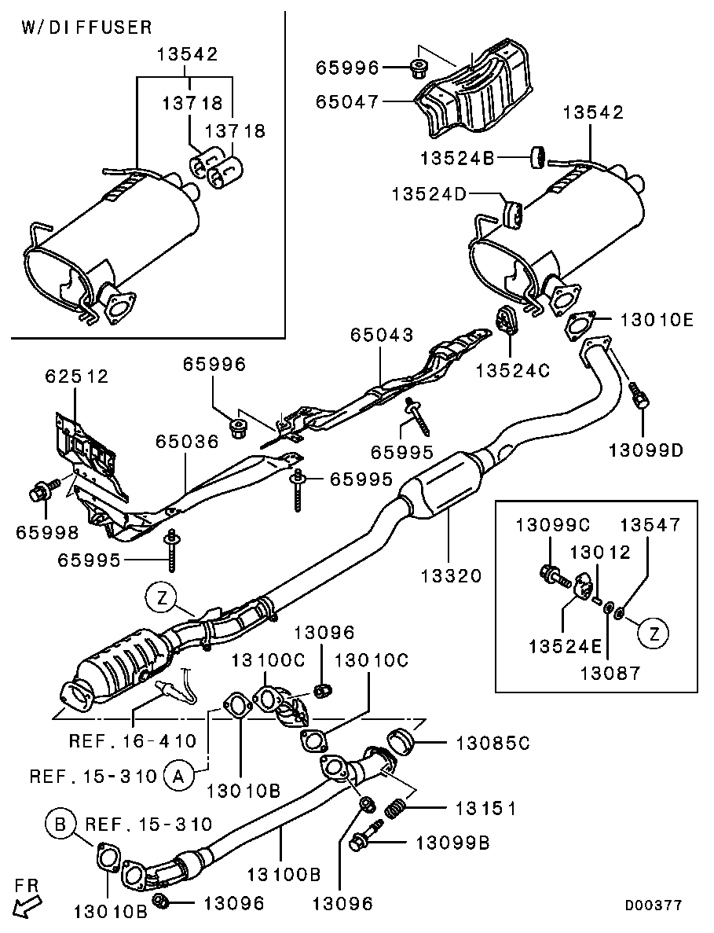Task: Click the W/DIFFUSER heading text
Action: tap(86, 28)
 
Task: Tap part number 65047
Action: tap(347, 101)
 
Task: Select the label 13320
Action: tap(450, 575)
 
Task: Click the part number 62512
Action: tap(76, 377)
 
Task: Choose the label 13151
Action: tap(483, 807)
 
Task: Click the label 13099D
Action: tap(645, 450)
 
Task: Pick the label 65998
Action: tap(47, 532)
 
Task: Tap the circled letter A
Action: tap(178, 777)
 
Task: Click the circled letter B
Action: tap(60, 825)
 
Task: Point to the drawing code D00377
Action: tap(653, 905)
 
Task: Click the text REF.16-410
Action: tap(133, 740)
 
